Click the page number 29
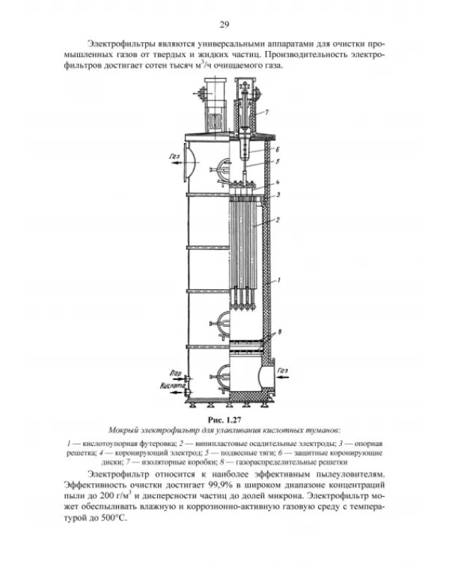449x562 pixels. click(224, 25)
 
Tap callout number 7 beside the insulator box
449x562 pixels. click(266, 112)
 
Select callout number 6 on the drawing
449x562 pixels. click(278, 149)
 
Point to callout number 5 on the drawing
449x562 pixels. click(278, 161)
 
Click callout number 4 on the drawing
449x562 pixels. click(278, 182)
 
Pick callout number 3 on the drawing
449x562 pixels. click(278, 195)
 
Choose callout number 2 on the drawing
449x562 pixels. click(278, 220)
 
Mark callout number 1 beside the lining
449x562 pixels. click(278, 280)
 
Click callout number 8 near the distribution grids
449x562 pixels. click(280, 332)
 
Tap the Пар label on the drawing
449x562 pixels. click(176, 373)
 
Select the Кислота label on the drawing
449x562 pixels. click(173, 386)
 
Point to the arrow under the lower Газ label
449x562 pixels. click(283, 377)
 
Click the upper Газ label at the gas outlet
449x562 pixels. click(174, 157)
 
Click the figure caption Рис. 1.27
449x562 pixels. click(224, 420)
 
